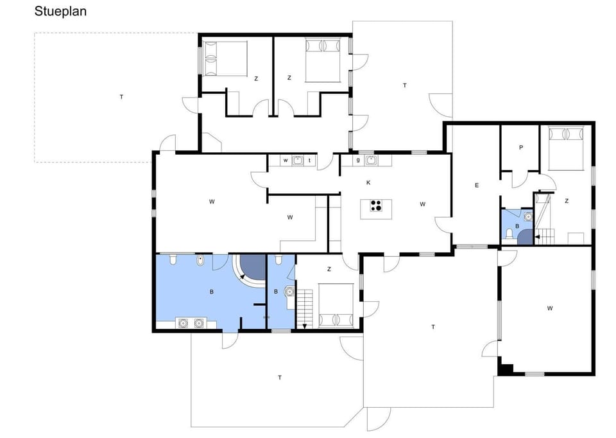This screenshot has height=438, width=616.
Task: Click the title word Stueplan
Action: click(x=60, y=12)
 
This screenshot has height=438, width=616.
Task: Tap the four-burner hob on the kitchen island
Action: click(x=376, y=206)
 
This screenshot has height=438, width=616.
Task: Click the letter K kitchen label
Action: click(x=368, y=183)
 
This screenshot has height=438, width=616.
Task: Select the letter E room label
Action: click(x=476, y=186)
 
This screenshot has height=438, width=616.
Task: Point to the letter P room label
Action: click(x=521, y=148)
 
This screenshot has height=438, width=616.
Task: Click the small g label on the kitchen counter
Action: click(x=358, y=160)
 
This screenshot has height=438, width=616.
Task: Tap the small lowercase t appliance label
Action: click(x=310, y=161)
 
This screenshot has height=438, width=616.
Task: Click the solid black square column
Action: click(x=506, y=369)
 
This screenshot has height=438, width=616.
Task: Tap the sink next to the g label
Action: click(x=370, y=160)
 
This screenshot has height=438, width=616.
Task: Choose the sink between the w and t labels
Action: click(x=298, y=161)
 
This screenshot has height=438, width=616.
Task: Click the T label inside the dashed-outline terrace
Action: click(x=121, y=97)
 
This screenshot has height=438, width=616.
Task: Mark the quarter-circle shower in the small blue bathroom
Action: click(x=525, y=237)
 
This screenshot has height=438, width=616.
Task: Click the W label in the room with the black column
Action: click(x=550, y=309)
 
